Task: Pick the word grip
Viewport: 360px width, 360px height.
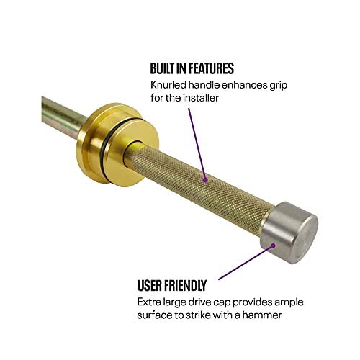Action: tap(271, 86)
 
